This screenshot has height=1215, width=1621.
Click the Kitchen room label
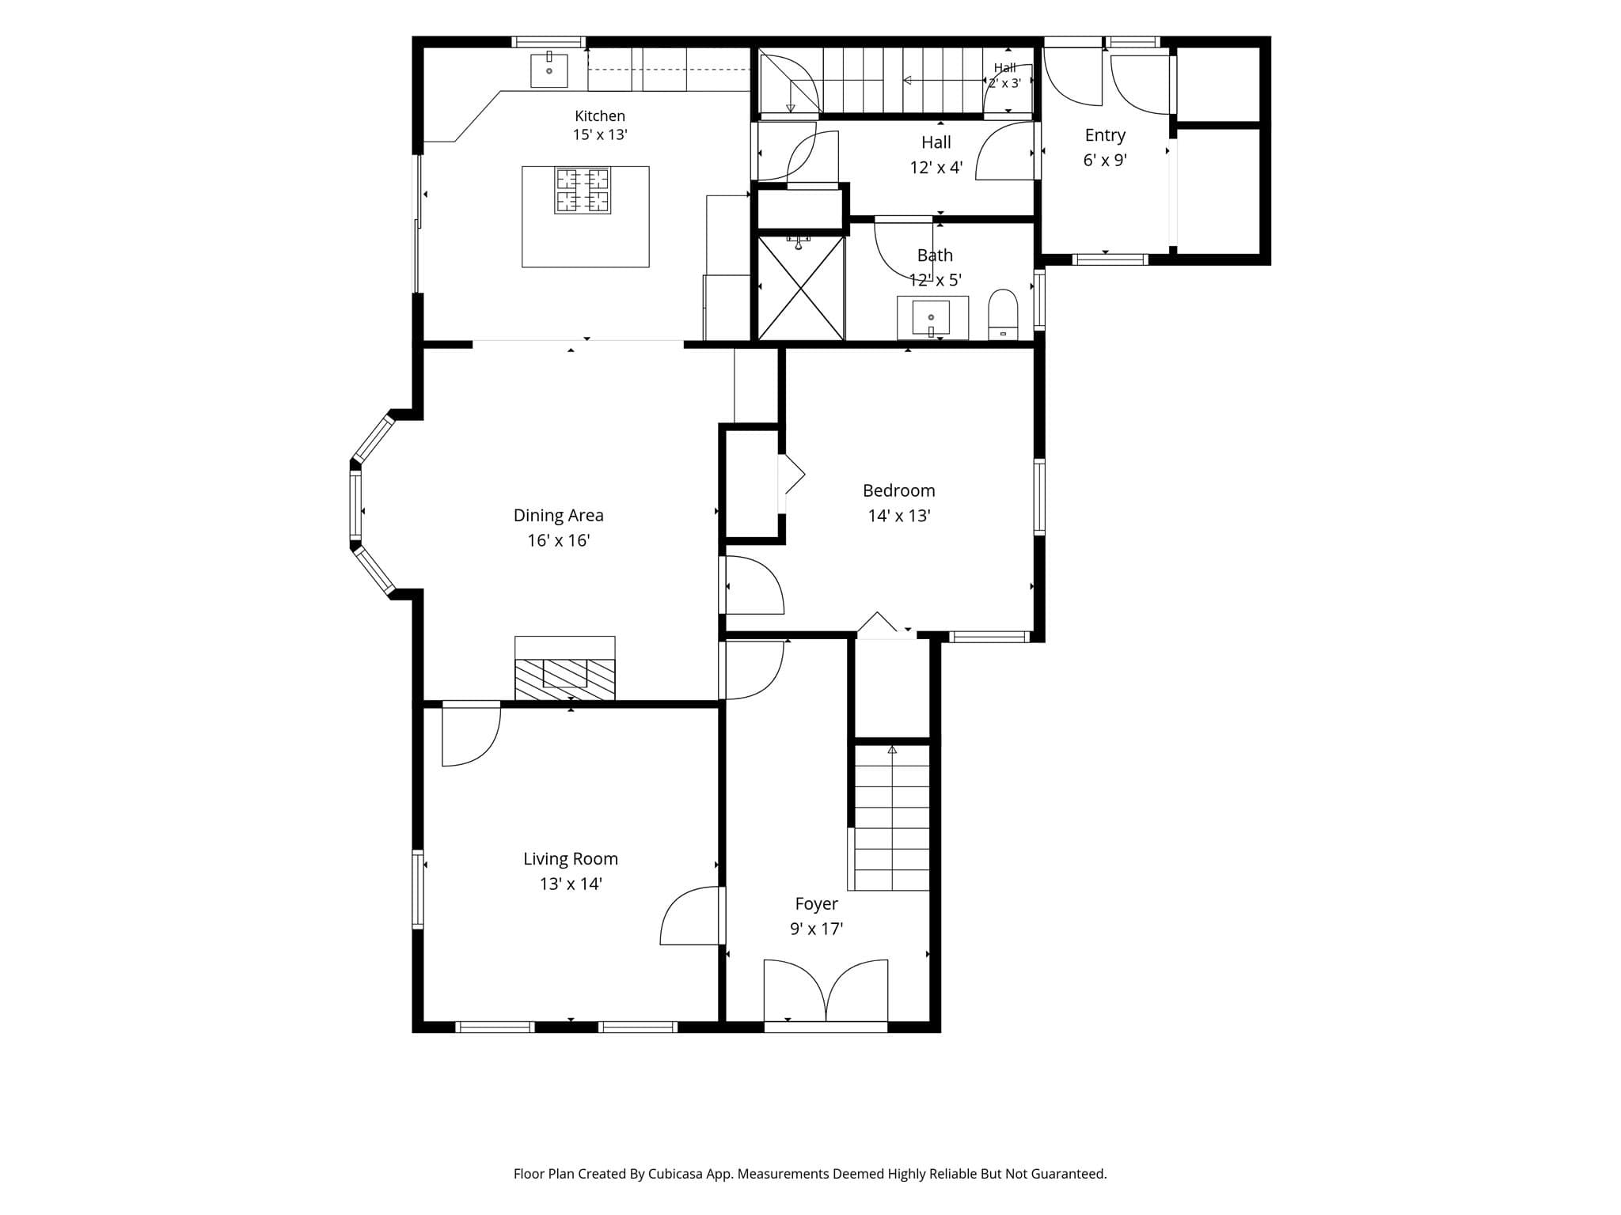(600, 116)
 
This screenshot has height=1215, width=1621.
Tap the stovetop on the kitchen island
(583, 191)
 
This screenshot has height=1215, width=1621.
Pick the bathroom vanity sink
(932, 318)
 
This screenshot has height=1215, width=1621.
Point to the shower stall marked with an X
(801, 288)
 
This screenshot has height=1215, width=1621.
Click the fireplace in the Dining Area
(565, 668)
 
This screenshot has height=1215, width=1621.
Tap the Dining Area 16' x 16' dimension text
(559, 541)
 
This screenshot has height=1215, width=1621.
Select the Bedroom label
(899, 490)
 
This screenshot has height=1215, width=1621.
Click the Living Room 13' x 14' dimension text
(571, 884)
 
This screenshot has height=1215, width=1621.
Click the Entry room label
(1105, 135)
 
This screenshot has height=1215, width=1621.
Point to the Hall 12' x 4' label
(936, 155)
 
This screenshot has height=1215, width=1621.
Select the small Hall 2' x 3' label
(1005, 75)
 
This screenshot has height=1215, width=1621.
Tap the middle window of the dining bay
(356, 506)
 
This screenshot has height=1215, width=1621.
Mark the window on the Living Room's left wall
(418, 888)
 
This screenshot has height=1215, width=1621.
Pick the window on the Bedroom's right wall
(1039, 497)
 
